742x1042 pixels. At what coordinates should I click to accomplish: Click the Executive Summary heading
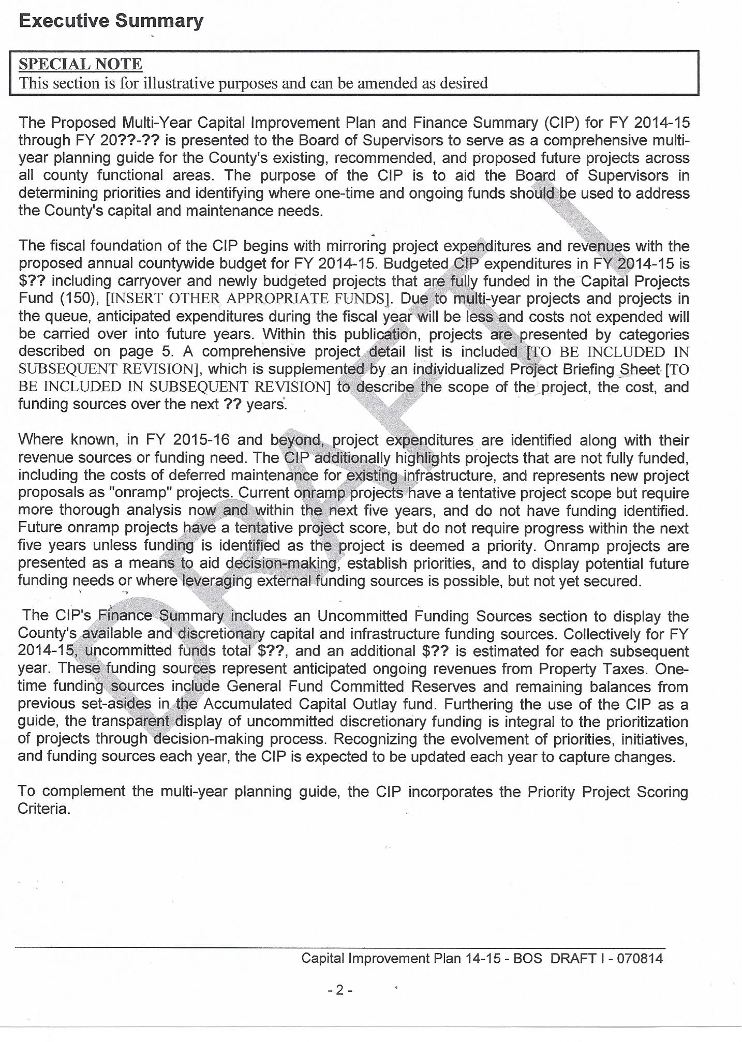[111, 21]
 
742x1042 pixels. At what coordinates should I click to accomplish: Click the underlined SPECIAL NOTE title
[80, 64]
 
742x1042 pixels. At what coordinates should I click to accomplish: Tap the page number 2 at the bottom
[339, 990]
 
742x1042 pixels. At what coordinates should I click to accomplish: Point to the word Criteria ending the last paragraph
[43, 809]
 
